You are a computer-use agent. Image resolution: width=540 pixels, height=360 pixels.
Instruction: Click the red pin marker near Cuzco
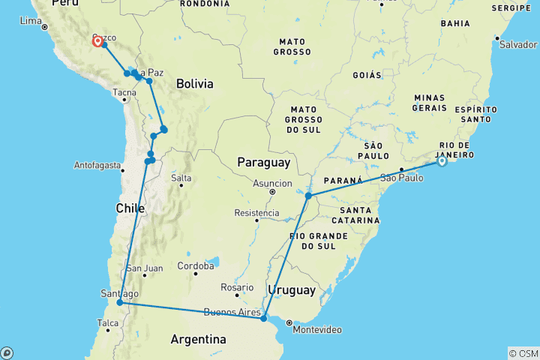tap(97, 40)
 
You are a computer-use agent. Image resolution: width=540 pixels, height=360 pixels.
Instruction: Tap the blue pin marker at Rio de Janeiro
tap(442, 160)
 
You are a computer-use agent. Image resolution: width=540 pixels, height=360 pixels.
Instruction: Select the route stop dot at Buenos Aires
tap(263, 319)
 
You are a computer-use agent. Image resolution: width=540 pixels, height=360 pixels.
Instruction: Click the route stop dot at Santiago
tap(120, 303)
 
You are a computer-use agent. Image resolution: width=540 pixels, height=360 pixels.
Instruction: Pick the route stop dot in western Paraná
tap(308, 196)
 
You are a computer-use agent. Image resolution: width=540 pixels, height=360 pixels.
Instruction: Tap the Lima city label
tap(30, 20)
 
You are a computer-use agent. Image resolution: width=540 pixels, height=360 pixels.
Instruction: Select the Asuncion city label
tap(272, 183)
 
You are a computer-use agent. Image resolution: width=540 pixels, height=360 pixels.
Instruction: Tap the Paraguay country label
tap(262, 163)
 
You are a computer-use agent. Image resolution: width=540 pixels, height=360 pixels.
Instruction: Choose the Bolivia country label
tap(195, 84)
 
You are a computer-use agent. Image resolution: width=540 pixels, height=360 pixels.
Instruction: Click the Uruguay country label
tap(292, 289)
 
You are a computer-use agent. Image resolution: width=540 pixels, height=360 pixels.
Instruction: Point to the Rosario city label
tap(236, 287)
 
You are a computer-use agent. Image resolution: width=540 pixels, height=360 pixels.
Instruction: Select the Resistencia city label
tap(256, 213)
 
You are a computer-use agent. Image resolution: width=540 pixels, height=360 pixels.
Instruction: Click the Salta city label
tap(181, 178)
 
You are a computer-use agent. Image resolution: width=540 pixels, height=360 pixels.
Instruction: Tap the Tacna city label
tap(124, 94)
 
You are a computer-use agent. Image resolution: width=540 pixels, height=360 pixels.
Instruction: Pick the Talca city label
tap(108, 324)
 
